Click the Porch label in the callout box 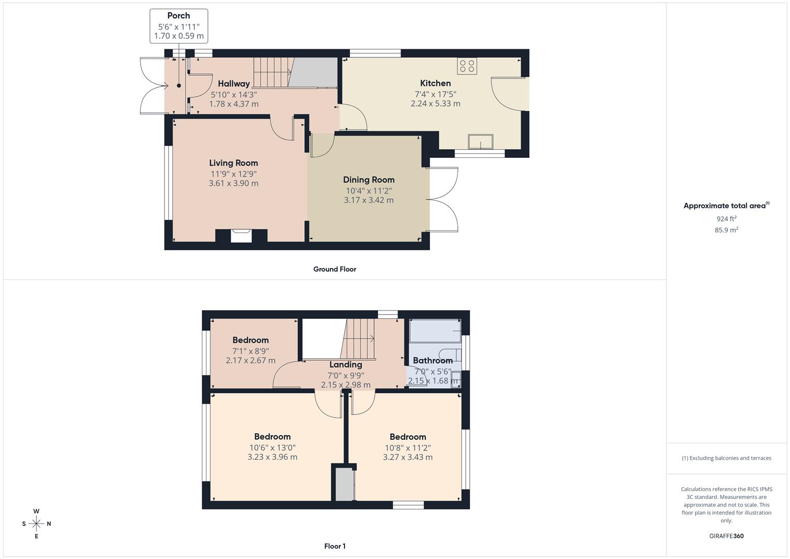pos(178,16)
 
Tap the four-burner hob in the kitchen pos(467,66)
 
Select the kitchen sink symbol pos(481,141)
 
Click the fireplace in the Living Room pos(241,236)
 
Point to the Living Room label pos(233,163)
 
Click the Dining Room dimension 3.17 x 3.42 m pos(368,200)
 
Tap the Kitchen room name pos(435,83)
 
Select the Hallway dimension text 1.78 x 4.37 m pos(233,104)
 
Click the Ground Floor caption pos(334,269)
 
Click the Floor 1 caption pos(334,546)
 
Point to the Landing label pos(345,365)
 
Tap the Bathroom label pos(433,361)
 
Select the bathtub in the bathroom pos(435,331)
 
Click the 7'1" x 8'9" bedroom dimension pos(250,351)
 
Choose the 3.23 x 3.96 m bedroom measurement pos(272,457)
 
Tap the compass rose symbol pos(36,524)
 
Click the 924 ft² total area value pos(726,219)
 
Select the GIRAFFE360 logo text pos(726,536)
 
